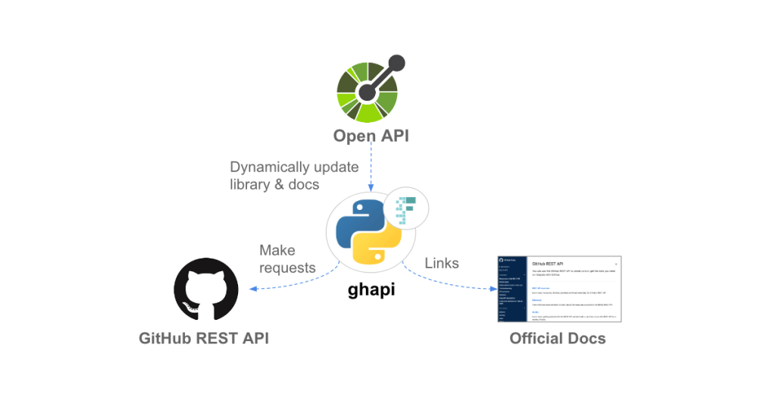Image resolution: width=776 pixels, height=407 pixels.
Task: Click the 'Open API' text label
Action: [371, 136]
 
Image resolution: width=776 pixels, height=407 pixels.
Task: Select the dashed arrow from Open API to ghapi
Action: [371, 168]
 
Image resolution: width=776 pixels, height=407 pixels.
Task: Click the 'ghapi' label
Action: [371, 290]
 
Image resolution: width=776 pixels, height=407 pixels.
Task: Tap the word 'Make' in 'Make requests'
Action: [277, 250]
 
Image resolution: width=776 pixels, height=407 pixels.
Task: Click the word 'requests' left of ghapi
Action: [287, 268]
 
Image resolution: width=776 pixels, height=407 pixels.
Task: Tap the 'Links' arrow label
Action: [441, 263]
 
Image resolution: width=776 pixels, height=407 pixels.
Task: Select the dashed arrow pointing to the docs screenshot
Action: [447, 280]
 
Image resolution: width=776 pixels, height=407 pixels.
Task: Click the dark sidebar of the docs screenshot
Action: [509, 289]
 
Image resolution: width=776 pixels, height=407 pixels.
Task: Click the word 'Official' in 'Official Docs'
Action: [537, 338]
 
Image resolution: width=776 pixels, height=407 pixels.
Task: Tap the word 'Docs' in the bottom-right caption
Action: [587, 338]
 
